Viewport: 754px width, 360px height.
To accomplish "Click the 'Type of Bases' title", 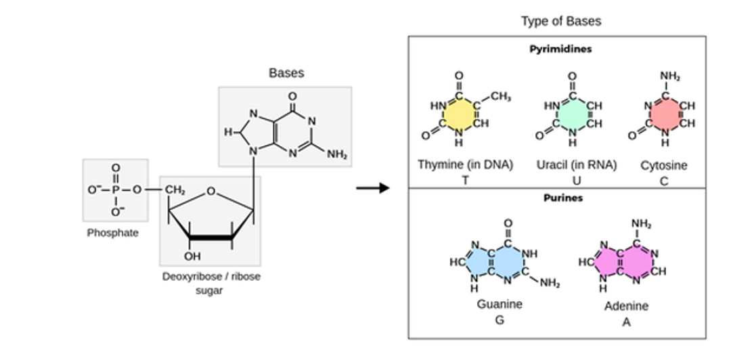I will point(560,21).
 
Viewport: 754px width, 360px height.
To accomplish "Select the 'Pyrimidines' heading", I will point(560,49).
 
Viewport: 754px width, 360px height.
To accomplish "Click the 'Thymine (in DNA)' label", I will point(465,164).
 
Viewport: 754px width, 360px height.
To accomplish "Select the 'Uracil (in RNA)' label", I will point(576,164).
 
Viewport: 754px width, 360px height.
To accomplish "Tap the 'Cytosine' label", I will point(663,165).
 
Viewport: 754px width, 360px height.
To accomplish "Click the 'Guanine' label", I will point(500,304).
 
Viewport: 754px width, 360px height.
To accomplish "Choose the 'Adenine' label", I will point(626,306).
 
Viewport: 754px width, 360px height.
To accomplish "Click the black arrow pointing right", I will point(373,187).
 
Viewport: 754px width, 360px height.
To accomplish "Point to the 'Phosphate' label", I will point(112,233).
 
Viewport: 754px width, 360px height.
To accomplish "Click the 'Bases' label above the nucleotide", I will point(286,73).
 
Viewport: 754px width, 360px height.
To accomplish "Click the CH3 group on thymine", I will point(500,97).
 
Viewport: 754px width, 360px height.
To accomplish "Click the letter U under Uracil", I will point(576,180).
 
